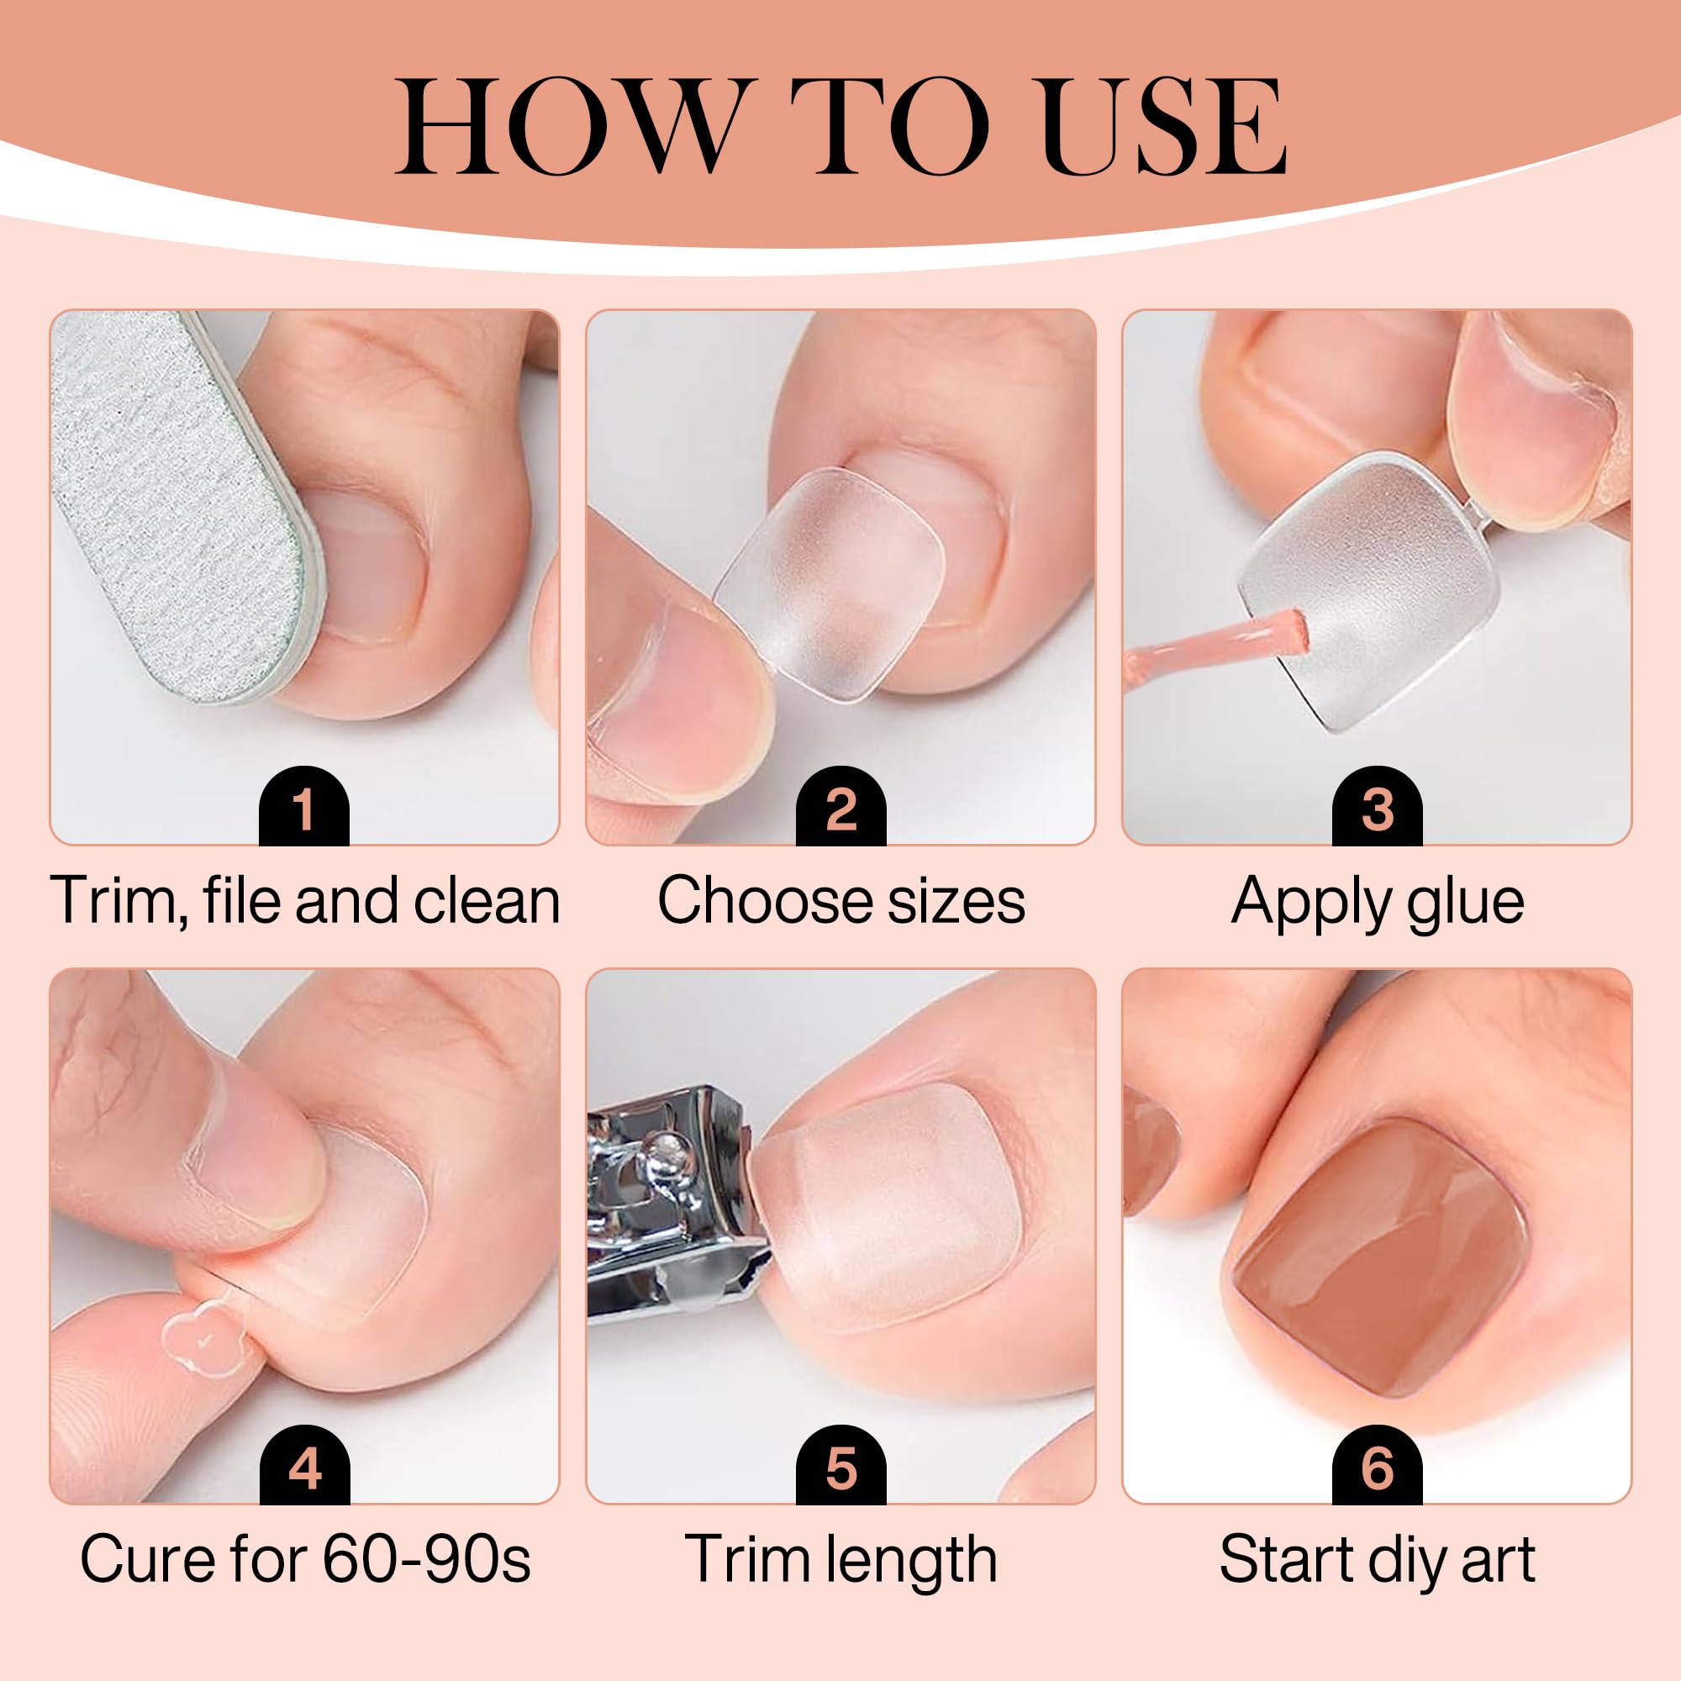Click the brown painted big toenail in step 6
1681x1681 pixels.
(x=1379, y=1257)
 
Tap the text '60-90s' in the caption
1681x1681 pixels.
(x=426, y=1559)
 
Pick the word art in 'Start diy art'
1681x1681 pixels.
(x=1498, y=1559)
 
